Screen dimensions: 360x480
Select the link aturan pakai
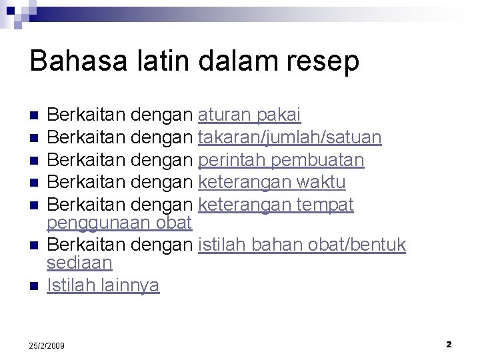[249, 116]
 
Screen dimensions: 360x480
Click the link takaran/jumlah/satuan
[290, 138]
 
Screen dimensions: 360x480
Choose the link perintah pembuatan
[281, 160]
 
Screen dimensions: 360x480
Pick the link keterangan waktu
[272, 182]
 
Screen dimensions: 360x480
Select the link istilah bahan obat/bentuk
[302, 245]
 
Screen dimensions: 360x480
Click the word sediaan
[79, 262]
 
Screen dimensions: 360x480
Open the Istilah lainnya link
[103, 286]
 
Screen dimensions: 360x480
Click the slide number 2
[449, 344]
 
